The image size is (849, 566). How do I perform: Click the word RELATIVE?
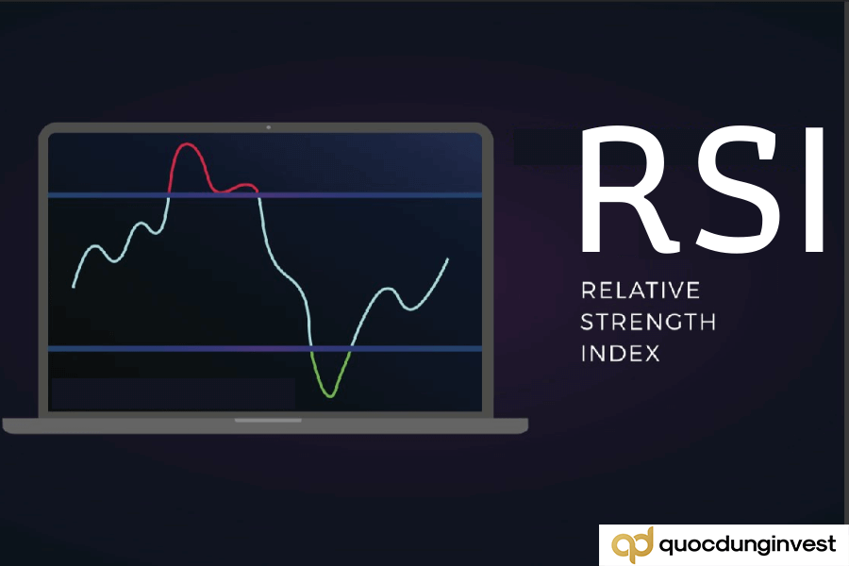[640, 290]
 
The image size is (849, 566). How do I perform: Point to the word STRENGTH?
[647, 322]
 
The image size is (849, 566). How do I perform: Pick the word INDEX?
[620, 354]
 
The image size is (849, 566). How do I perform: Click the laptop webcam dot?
[268, 126]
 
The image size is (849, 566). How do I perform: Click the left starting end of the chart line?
[74, 286]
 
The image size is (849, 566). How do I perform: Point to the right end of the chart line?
[447, 258]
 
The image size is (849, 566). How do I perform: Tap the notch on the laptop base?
[268, 420]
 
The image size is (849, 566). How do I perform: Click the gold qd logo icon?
[630, 545]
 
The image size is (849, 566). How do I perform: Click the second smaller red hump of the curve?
[247, 185]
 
